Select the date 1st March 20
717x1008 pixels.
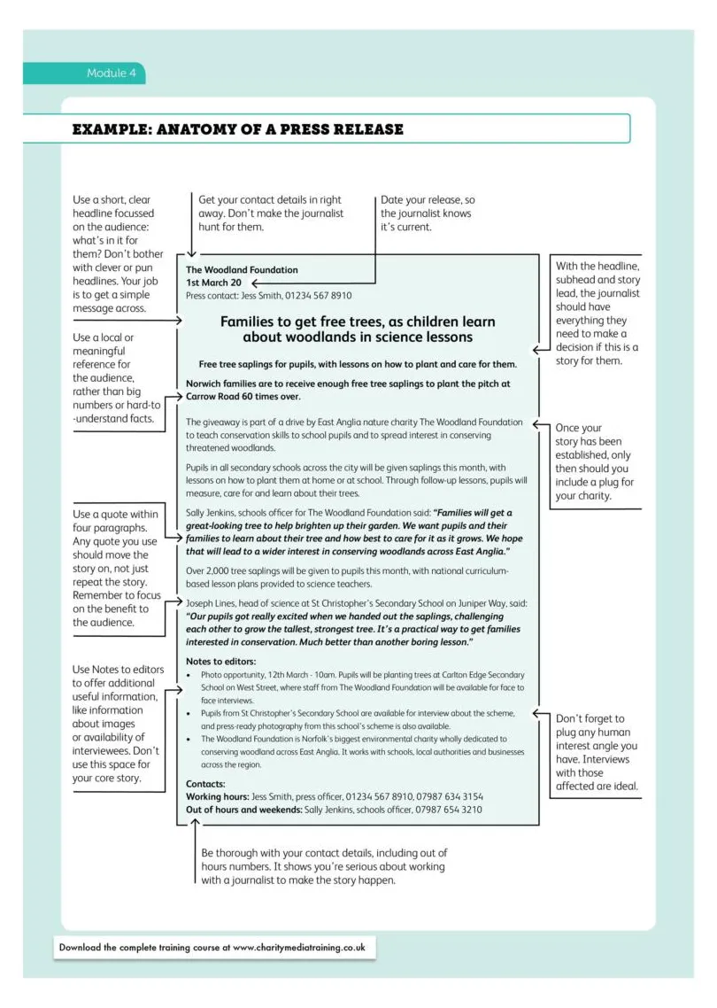click(213, 283)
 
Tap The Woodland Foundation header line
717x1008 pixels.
click(242, 269)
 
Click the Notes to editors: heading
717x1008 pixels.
click(220, 661)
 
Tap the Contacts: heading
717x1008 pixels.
click(205, 784)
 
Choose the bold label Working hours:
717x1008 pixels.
click(217, 797)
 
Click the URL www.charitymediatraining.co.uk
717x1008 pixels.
click(298, 947)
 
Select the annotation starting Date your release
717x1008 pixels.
click(428, 213)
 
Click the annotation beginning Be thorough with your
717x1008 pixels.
click(324, 866)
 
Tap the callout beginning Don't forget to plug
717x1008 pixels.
click(595, 752)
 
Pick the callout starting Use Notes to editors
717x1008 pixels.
click(117, 724)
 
